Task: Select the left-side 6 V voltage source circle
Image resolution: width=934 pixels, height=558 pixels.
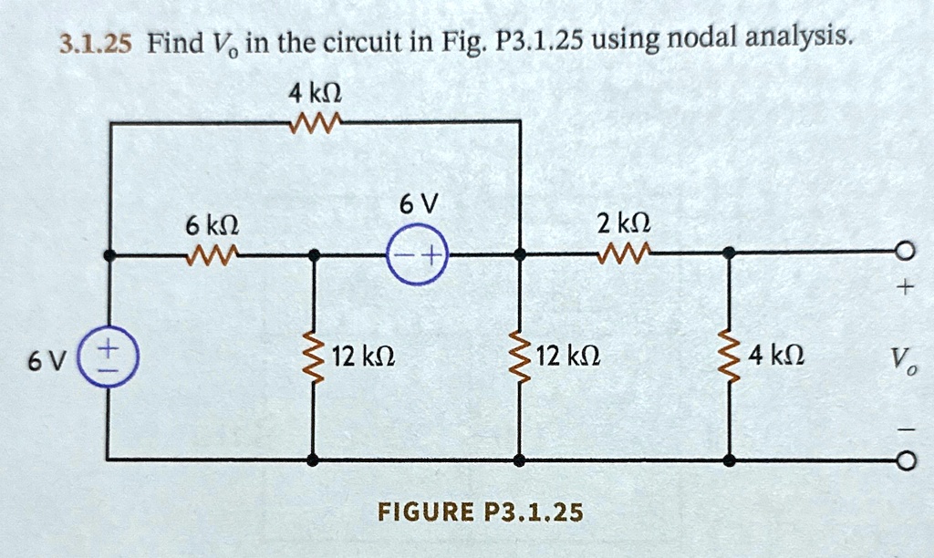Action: (109, 359)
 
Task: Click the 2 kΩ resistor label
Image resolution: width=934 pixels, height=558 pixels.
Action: (624, 222)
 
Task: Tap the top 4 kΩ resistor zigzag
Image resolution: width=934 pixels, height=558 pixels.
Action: (314, 120)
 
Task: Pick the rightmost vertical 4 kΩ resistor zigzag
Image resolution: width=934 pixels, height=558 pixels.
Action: (729, 356)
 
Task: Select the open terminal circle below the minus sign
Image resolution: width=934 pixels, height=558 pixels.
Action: (902, 461)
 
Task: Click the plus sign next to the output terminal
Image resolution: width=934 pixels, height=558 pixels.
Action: (902, 289)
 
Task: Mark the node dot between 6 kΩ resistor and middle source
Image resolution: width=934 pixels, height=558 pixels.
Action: (313, 256)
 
